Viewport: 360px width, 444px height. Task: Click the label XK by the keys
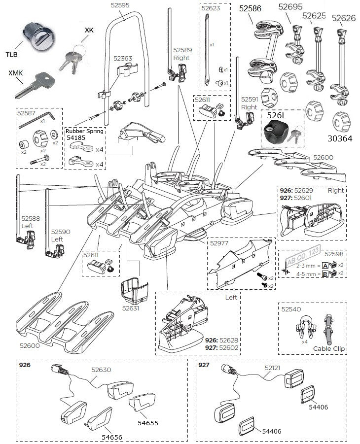point(89,30)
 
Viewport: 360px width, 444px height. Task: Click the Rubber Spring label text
point(85,131)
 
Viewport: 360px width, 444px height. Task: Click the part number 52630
point(101,369)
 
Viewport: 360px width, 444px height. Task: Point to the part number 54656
point(112,437)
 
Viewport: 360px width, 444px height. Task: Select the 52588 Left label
point(28,221)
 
